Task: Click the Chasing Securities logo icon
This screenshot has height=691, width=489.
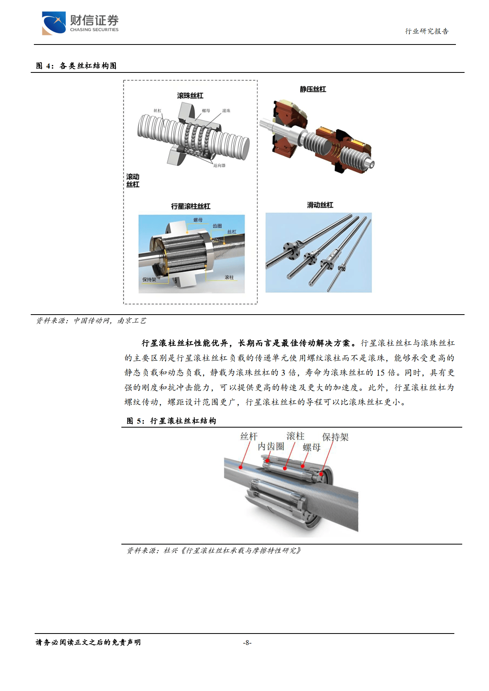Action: pos(54,23)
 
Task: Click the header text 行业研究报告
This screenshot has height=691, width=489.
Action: pos(427,31)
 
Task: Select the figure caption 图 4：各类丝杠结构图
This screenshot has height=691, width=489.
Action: pos(76,66)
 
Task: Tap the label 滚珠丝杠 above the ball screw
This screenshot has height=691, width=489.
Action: pos(190,96)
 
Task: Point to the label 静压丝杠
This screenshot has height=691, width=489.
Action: pos(313,89)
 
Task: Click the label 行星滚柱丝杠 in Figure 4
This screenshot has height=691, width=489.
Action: pos(191,206)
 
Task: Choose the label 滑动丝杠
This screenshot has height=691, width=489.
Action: pos(320,205)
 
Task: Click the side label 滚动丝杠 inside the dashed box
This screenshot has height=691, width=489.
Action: pos(133,181)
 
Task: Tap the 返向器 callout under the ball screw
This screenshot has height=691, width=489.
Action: pos(219,166)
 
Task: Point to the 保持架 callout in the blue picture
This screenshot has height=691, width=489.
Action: pos(149,280)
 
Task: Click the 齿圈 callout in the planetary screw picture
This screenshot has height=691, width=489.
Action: pos(217,226)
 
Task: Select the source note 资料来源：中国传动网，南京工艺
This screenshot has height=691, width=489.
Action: pos(91,321)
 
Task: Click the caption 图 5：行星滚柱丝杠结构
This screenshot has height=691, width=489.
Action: pos(171,421)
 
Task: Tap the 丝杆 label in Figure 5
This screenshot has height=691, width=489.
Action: pos(249,436)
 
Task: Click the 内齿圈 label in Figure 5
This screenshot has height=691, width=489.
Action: pos(271,446)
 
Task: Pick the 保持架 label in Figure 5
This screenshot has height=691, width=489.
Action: pos(335,437)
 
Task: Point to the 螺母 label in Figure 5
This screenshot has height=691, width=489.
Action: pos(311,448)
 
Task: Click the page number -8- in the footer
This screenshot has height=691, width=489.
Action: pos(247,643)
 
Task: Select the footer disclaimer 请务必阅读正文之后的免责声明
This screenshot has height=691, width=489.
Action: pos(88,643)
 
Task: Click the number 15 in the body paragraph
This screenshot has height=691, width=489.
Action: pos(380,373)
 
